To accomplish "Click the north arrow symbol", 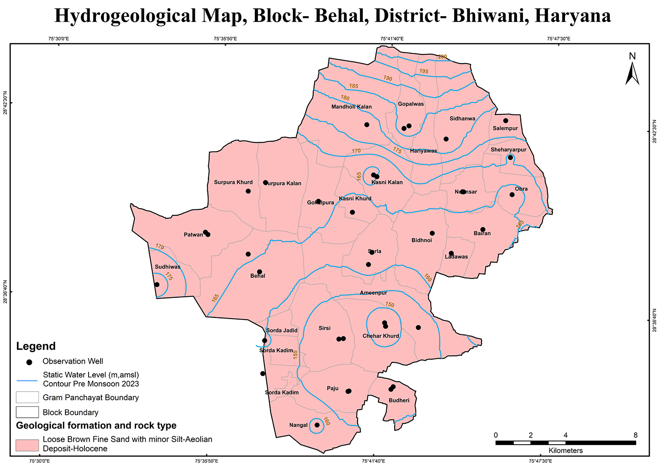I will (x=632, y=70).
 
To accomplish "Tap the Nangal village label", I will (x=298, y=425).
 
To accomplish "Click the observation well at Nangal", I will (x=317, y=425).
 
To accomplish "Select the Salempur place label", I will (x=505, y=129).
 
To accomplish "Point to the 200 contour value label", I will (x=442, y=57).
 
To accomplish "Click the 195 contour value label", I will (x=424, y=71).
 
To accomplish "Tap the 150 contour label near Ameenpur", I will (x=390, y=305).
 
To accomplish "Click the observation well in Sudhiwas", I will (x=157, y=284).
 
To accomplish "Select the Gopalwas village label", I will (x=411, y=104).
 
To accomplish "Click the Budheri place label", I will (x=399, y=400).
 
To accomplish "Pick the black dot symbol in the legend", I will (x=29, y=362).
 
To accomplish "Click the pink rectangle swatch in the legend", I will (x=27, y=445).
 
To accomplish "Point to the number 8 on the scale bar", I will (x=635, y=435).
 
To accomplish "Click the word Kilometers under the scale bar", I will (x=565, y=451).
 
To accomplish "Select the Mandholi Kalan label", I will (x=352, y=107).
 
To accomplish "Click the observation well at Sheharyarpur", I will (x=510, y=157).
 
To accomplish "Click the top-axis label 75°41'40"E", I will (x=392, y=39).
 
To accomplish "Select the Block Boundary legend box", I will (x=27, y=412).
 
